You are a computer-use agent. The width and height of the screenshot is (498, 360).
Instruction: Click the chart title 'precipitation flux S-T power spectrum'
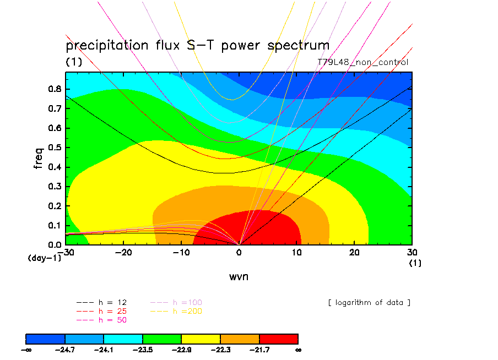coord(197,46)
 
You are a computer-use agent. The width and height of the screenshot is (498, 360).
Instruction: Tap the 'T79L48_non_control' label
coord(363,62)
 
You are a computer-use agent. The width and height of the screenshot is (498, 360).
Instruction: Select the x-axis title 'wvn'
coord(239,276)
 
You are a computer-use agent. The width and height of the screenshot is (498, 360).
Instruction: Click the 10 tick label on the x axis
coord(296,252)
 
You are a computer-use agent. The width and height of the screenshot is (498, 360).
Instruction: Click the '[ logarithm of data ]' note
coord(369,303)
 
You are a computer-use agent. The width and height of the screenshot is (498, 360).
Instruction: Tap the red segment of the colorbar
coord(278,339)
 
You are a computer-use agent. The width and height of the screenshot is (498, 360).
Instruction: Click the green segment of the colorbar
coord(162,339)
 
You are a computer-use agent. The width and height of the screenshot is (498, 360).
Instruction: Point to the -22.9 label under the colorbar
coord(182,350)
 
